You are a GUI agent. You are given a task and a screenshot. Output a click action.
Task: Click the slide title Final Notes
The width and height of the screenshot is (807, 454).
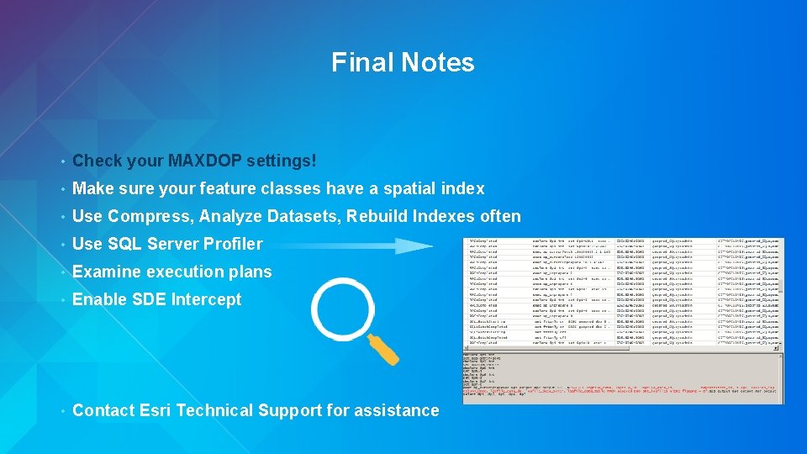(403, 62)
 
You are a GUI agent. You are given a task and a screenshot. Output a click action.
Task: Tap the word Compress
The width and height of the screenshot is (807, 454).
(150, 216)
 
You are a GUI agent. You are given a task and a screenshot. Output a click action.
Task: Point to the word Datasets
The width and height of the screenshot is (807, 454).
(300, 216)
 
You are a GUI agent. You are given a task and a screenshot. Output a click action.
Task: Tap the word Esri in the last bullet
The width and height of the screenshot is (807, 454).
(156, 410)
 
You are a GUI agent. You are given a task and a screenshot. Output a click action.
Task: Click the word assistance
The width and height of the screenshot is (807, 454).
(400, 410)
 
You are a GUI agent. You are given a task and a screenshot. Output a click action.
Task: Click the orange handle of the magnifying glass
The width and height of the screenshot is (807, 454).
(382, 348)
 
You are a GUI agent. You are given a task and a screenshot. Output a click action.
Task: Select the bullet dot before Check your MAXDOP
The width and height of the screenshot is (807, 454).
(62, 161)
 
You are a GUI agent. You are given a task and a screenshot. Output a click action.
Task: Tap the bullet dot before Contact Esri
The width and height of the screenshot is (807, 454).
(62, 410)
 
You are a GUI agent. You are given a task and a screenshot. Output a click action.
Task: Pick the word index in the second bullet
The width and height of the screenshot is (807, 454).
(467, 188)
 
